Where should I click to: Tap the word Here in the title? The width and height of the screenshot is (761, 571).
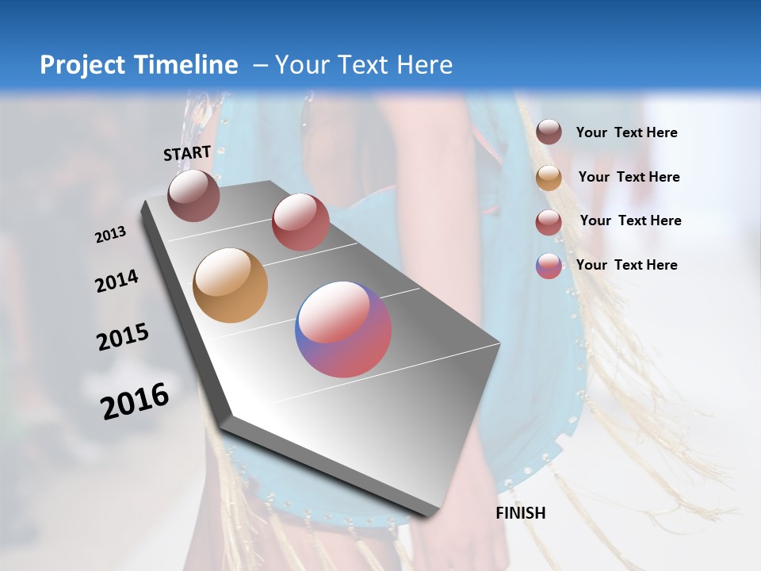click(424, 65)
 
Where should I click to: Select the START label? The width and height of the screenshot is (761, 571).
click(187, 153)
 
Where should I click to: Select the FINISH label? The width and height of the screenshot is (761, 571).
click(521, 513)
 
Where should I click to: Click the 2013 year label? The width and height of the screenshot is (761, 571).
click(110, 235)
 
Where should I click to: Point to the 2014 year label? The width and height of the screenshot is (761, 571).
click(117, 282)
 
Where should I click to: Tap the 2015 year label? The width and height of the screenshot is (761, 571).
click(123, 337)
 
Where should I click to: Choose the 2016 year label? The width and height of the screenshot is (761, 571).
click(135, 400)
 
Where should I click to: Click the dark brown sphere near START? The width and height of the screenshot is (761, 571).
click(193, 195)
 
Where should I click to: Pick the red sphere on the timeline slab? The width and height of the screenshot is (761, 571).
click(300, 222)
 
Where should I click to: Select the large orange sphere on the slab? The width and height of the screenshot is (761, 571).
click(230, 285)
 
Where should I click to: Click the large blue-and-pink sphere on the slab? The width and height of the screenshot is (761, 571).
click(343, 329)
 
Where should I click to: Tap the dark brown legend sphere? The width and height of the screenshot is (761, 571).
click(549, 132)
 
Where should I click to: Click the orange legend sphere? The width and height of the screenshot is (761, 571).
click(549, 178)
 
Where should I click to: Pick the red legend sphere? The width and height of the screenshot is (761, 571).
click(549, 222)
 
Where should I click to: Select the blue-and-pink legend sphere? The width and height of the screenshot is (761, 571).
click(549, 266)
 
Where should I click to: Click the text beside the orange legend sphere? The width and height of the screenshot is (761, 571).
click(629, 177)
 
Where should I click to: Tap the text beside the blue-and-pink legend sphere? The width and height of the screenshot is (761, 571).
click(626, 265)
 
